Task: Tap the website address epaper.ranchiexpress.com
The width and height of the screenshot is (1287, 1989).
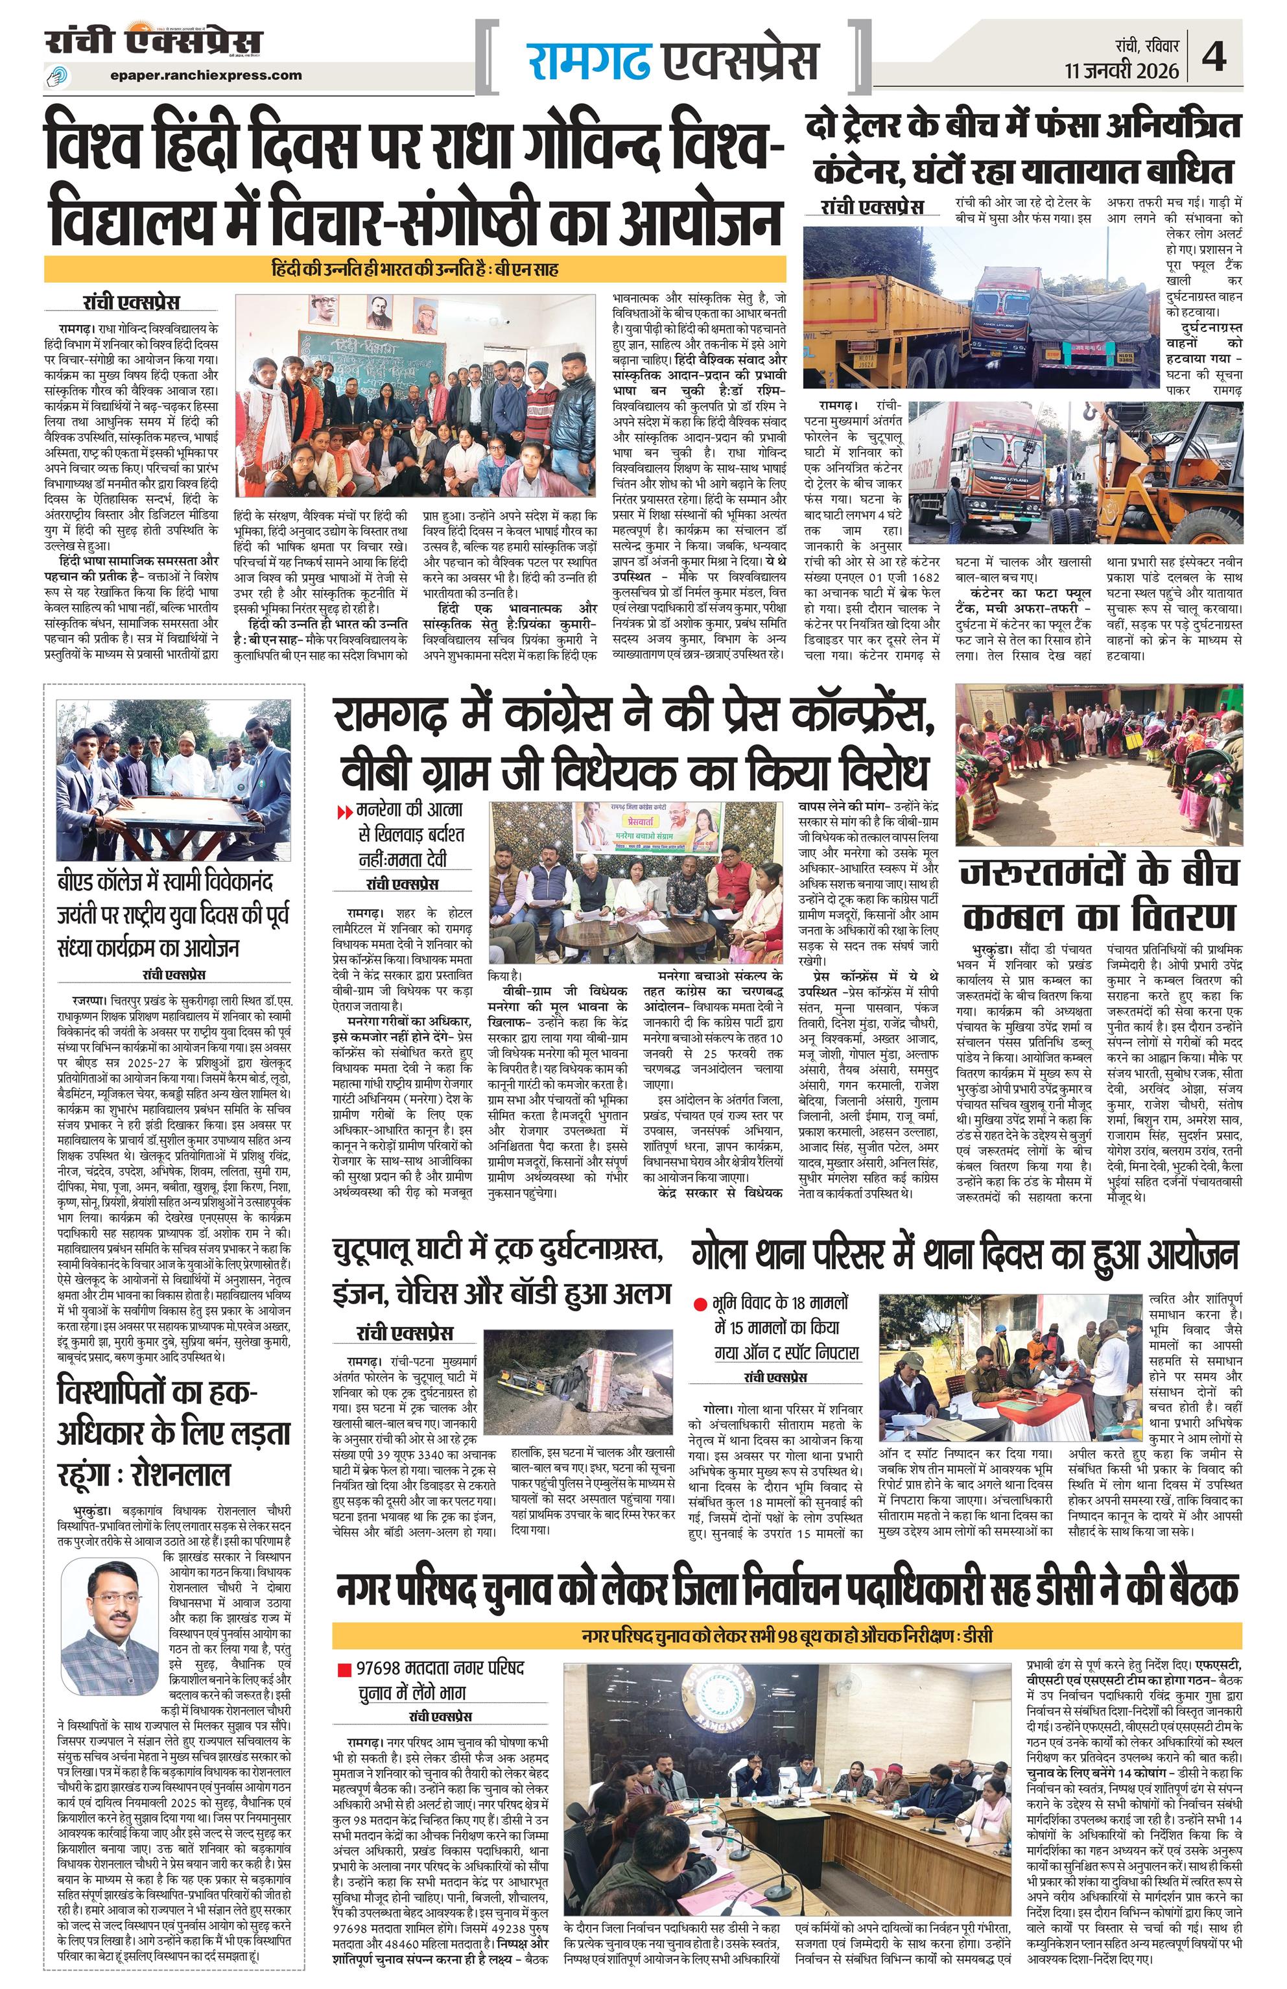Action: pos(205,75)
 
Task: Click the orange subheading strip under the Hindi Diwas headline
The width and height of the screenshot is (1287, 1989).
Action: pos(416,270)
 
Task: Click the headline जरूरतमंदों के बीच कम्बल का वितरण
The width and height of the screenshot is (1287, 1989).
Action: pos(1098,895)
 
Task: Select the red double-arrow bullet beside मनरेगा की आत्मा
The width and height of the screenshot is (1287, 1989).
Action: pos(344,811)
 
